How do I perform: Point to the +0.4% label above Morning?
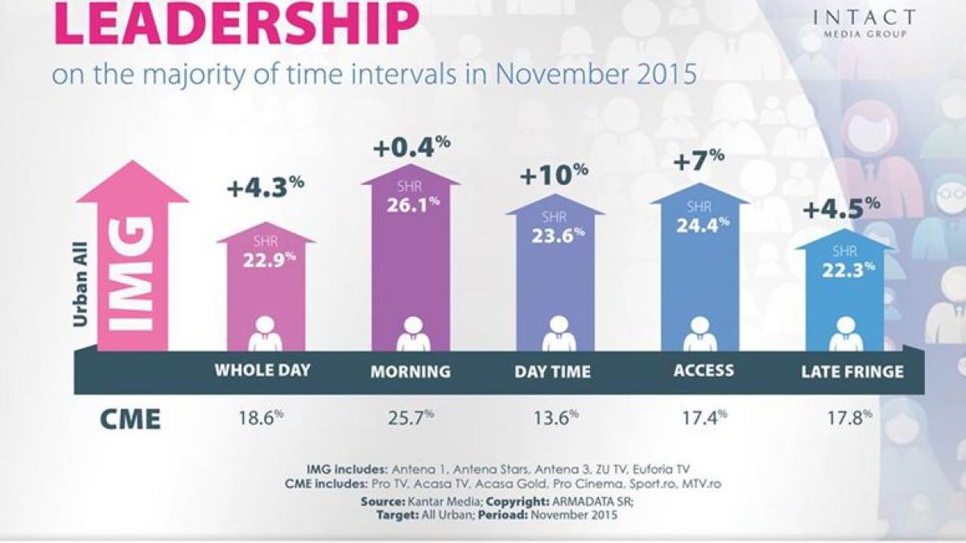pos(411,149)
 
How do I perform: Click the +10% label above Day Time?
pos(555,175)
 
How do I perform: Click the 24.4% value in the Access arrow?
pos(700,224)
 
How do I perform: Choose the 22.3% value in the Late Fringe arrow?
pos(845,270)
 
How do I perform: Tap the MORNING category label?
pos(411,372)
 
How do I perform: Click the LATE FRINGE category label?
pos(852,372)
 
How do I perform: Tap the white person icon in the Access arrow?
pos(700,333)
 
